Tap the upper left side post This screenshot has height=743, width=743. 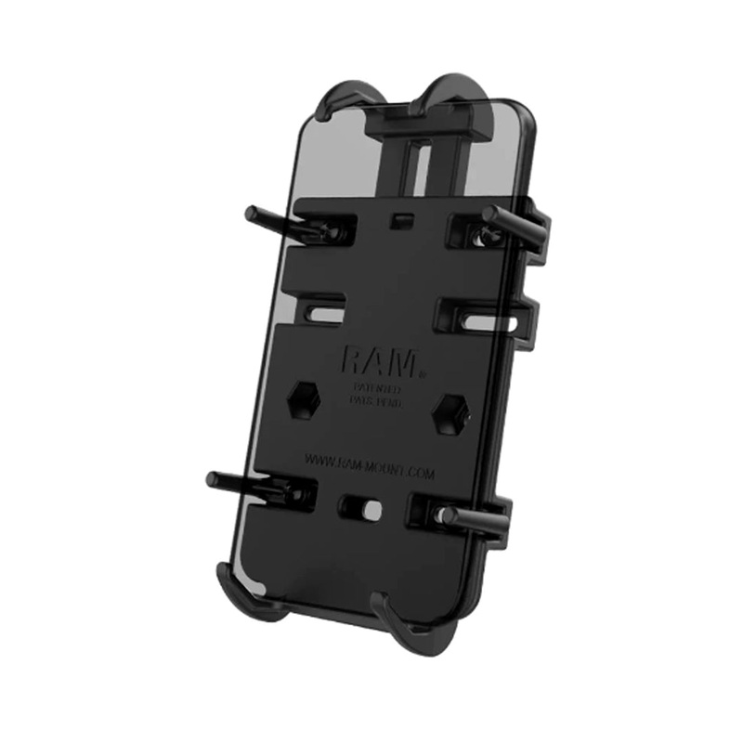270,219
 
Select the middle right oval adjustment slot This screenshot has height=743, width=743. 482,321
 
